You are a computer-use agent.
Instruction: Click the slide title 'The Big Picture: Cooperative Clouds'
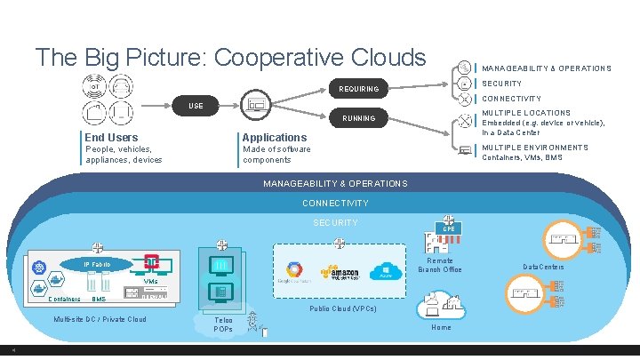230,58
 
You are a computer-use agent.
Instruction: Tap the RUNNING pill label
358,117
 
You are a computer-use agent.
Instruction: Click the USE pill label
195,106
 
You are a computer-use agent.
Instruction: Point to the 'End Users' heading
111,137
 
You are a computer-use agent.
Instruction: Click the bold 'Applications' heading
274,137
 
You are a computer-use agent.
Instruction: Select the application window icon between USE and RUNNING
256,105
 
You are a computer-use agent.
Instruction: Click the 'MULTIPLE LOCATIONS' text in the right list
525,113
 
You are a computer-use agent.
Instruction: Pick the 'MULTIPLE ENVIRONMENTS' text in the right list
534,148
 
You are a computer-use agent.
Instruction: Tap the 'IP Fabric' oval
97,265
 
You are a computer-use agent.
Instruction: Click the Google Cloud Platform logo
293,273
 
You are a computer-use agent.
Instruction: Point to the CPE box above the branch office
449,229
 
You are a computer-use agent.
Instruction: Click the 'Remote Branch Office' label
440,265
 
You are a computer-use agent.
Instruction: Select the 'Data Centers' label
542,267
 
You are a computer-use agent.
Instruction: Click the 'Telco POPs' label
224,324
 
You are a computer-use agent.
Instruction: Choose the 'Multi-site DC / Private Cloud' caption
100,319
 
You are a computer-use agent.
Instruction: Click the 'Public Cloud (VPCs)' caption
342,309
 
